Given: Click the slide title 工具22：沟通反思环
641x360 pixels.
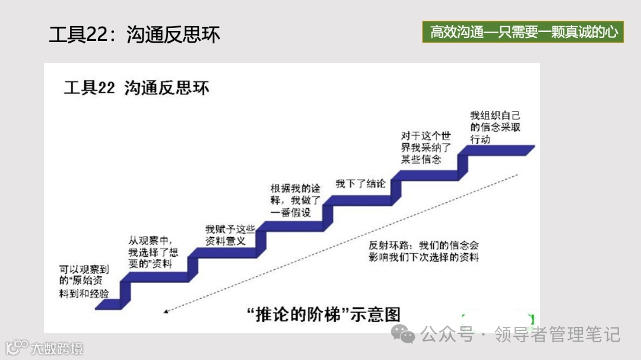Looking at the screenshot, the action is click(x=134, y=34).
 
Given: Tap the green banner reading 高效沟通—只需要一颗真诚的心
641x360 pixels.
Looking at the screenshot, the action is click(x=523, y=31).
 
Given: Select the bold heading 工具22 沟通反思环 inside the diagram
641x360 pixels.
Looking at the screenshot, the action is click(x=137, y=88).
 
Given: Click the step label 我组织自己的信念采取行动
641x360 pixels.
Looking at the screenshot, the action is click(x=494, y=128).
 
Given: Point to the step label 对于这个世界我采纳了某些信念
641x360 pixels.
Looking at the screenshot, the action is click(x=426, y=148).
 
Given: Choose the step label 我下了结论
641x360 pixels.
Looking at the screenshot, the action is click(x=360, y=183).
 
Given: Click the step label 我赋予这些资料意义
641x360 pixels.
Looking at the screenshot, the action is click(x=230, y=235).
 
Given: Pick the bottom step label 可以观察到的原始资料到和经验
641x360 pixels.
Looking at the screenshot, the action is click(x=84, y=280).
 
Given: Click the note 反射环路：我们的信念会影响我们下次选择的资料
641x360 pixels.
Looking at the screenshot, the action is click(x=423, y=251).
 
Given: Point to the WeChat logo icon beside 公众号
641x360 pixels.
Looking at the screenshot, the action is click(x=407, y=335).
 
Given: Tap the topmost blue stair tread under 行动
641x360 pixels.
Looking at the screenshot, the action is click(x=499, y=149).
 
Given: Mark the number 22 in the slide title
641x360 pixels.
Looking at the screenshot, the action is click(x=96, y=34).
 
